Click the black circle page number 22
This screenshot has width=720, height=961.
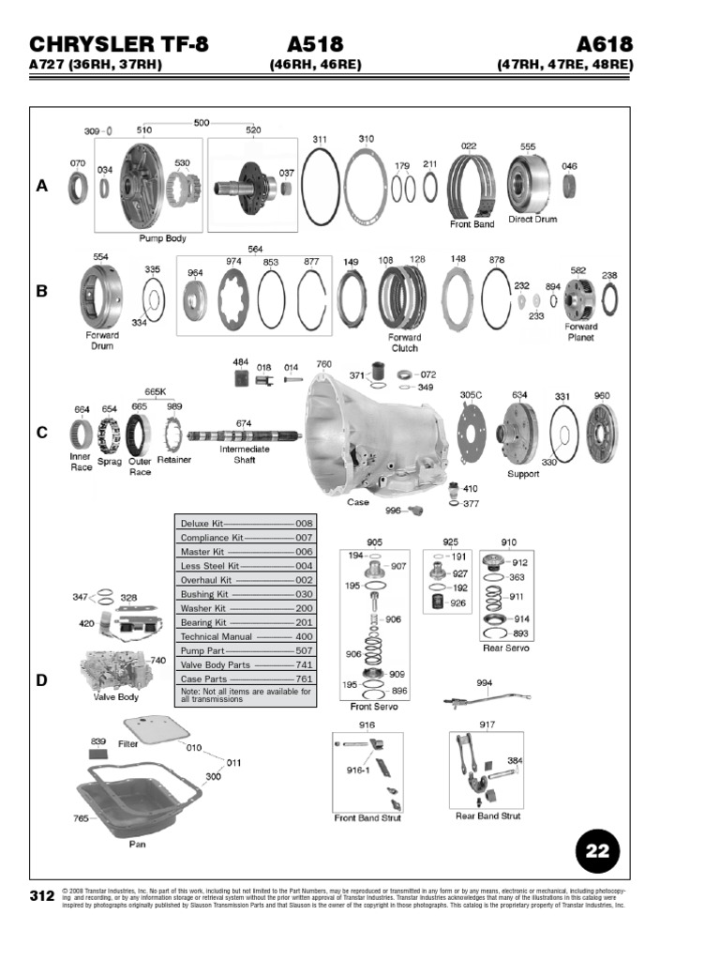(x=597, y=851)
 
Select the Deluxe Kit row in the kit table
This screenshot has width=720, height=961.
(x=247, y=523)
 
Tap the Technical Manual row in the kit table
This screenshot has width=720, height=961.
(x=247, y=636)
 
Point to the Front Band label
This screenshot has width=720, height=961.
(x=472, y=225)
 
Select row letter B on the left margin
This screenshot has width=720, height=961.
(x=41, y=291)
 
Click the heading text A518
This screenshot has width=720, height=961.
(x=315, y=45)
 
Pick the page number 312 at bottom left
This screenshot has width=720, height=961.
(x=41, y=896)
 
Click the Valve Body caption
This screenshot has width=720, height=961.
(x=116, y=697)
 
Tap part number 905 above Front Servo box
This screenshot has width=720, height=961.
(x=374, y=542)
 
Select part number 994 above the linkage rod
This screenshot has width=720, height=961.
(x=484, y=682)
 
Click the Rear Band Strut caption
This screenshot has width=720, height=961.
(x=487, y=816)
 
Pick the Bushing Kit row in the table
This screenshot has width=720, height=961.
(x=247, y=594)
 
